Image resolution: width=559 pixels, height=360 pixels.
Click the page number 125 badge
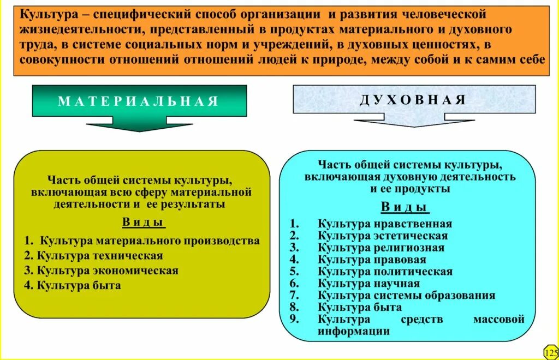[x=551, y=351]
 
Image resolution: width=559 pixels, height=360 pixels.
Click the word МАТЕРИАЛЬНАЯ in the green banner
[x=138, y=101]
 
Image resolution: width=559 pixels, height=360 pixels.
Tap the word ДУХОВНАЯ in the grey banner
[x=413, y=100]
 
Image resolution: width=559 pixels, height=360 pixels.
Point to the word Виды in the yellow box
[x=144, y=223]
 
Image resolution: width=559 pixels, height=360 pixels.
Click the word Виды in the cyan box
[x=404, y=207]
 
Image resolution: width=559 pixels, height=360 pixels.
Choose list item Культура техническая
[x=99, y=255]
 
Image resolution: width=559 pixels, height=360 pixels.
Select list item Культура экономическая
[x=108, y=270]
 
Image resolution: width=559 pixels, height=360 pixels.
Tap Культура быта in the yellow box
[x=79, y=285]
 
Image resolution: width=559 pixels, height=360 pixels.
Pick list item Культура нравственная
[x=385, y=224]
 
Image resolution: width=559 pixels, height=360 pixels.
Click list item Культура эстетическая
[x=383, y=236]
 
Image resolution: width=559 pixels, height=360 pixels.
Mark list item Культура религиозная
[x=381, y=248]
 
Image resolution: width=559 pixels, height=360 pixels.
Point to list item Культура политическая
[x=385, y=272]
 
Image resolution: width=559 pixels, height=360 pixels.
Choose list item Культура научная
[x=369, y=284]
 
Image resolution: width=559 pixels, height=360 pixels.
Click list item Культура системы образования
[x=407, y=296]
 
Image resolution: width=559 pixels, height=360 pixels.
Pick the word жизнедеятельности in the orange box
[x=86, y=29]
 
